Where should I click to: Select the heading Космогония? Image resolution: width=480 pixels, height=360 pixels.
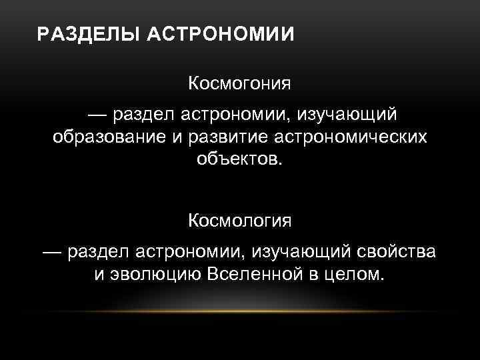pyautogui.click(x=240, y=85)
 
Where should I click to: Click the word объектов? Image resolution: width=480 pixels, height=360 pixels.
pyautogui.click(x=240, y=160)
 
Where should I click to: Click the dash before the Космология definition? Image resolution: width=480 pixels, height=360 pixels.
pyautogui.click(x=53, y=252)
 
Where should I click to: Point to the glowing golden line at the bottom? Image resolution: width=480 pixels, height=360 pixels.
pyautogui.click(x=240, y=311)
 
